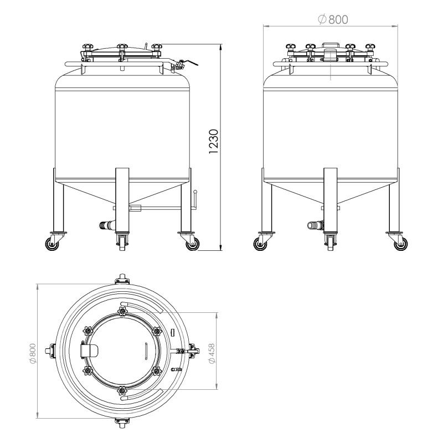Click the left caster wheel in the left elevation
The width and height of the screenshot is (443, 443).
pos(57,243)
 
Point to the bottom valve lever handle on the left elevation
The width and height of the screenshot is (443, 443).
pos(195,198)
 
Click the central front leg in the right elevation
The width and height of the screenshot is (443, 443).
pos(331,199)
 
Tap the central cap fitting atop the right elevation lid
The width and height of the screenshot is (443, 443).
pos(330,54)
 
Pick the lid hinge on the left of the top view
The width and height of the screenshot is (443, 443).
pos(89,350)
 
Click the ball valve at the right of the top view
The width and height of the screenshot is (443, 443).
pos(188,351)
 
